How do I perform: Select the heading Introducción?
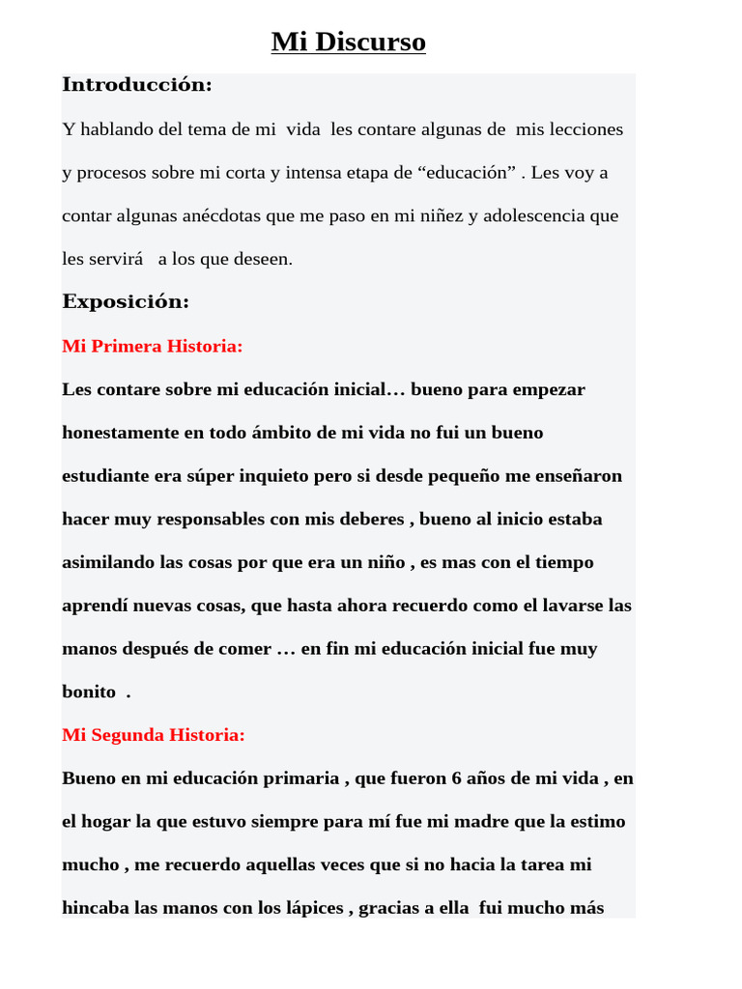[136, 85]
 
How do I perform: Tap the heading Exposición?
[126, 301]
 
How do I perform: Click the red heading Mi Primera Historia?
[152, 346]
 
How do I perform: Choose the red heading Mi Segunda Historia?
[154, 735]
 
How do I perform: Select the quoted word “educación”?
[467, 173]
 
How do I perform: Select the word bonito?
[89, 692]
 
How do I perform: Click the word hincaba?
[97, 908]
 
